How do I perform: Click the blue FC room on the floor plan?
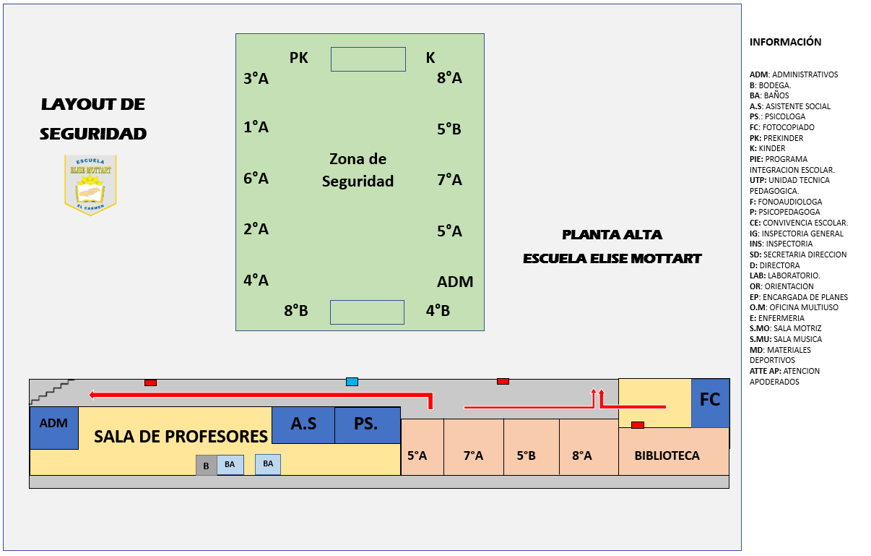(x=710, y=402)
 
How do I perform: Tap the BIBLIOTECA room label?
(x=667, y=456)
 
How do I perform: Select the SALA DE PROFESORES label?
(x=181, y=437)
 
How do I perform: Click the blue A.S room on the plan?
(x=303, y=424)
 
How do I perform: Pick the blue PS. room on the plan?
(x=366, y=424)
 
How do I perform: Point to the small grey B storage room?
(x=206, y=466)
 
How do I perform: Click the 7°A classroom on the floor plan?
(x=473, y=456)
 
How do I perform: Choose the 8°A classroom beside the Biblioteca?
(x=582, y=456)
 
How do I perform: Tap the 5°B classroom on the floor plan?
(x=526, y=456)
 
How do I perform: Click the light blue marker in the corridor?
(x=352, y=382)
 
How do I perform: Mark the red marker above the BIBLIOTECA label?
(x=638, y=425)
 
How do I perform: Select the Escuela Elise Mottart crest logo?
(x=90, y=184)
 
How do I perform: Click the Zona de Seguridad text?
(x=357, y=170)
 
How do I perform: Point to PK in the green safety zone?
(x=298, y=58)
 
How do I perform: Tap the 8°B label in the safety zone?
(x=296, y=311)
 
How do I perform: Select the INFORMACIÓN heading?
(x=785, y=42)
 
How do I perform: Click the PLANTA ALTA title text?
(x=612, y=235)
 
